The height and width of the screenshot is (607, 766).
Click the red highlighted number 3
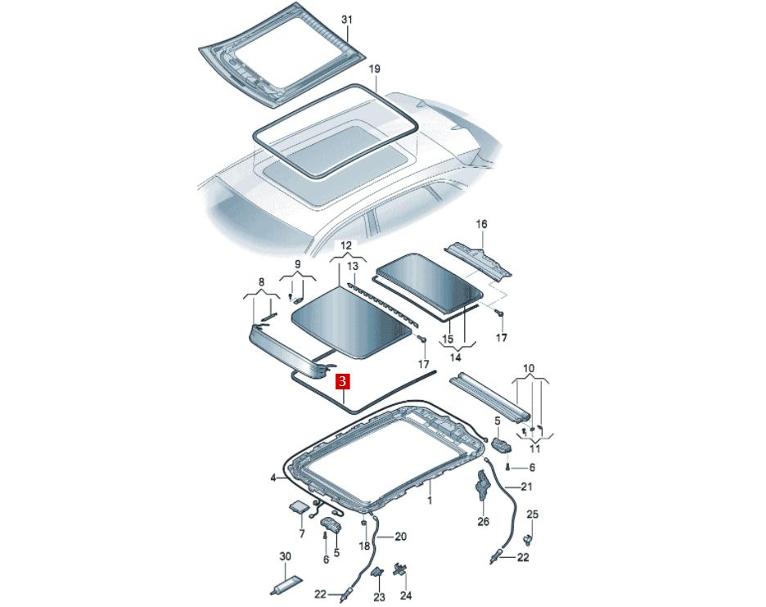[342, 381]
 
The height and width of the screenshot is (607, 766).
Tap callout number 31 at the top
[346, 20]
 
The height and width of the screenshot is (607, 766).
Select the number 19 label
[374, 69]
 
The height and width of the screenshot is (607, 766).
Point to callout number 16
[482, 224]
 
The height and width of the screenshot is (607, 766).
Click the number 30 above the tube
[286, 556]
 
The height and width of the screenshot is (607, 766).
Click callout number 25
[533, 515]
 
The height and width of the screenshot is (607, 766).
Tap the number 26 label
[483, 522]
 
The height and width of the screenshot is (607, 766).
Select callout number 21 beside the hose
[526, 487]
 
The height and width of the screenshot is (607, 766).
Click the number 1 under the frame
[430, 500]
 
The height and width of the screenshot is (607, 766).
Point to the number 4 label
[273, 478]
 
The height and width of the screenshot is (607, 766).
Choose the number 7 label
[301, 533]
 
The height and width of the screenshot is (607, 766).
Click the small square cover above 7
[298, 506]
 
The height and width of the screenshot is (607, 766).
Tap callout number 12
[346, 245]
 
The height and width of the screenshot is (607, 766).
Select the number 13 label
[353, 266]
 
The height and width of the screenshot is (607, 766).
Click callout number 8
[261, 281]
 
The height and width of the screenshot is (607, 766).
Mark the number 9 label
[298, 265]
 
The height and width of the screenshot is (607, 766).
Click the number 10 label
[529, 368]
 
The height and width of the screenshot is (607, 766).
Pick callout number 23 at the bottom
[380, 596]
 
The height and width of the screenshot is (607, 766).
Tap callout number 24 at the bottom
[406, 596]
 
